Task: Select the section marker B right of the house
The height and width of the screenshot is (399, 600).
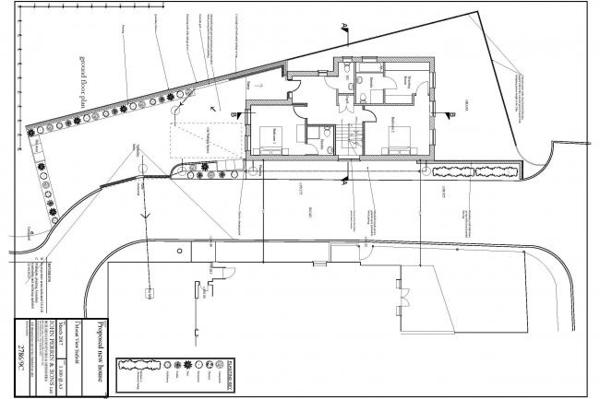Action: (453, 114)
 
